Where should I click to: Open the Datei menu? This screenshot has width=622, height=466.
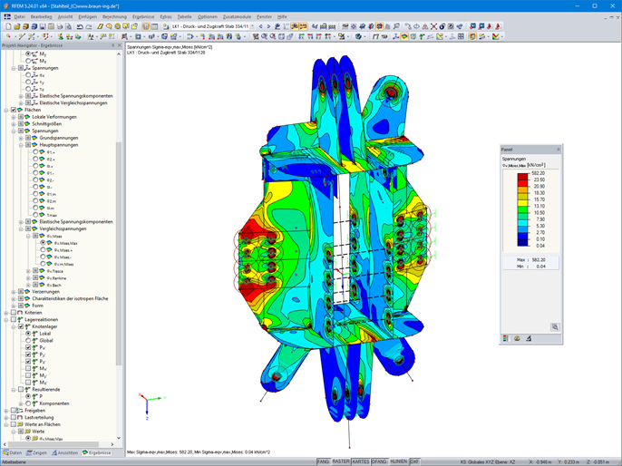pos(19,16)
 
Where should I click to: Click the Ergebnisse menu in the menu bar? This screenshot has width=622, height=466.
pos(142,16)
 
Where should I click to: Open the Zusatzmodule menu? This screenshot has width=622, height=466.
pos(238,16)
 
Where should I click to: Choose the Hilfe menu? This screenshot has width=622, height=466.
pos(282,16)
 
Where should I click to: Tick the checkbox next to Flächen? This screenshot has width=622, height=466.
pos(14,110)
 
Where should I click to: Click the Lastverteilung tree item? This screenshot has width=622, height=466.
pos(41,417)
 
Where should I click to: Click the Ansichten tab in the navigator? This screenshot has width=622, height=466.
pos(67,451)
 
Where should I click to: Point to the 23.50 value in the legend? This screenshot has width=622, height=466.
pos(539,180)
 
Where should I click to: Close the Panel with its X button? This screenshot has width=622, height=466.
pos(559,149)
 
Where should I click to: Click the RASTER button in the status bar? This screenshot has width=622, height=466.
pos(340,461)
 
